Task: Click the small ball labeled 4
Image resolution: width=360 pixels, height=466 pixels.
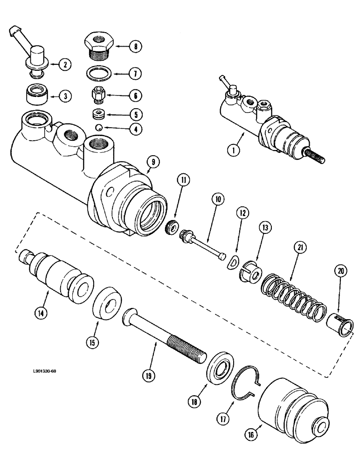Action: tap(98, 128)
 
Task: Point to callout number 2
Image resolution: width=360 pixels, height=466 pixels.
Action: tap(65, 64)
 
